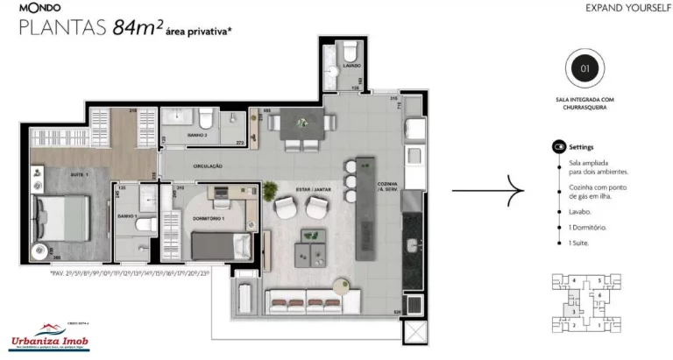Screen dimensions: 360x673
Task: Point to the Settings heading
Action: coord(581,147)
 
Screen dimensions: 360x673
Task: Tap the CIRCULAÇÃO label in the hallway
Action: coord(206,166)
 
